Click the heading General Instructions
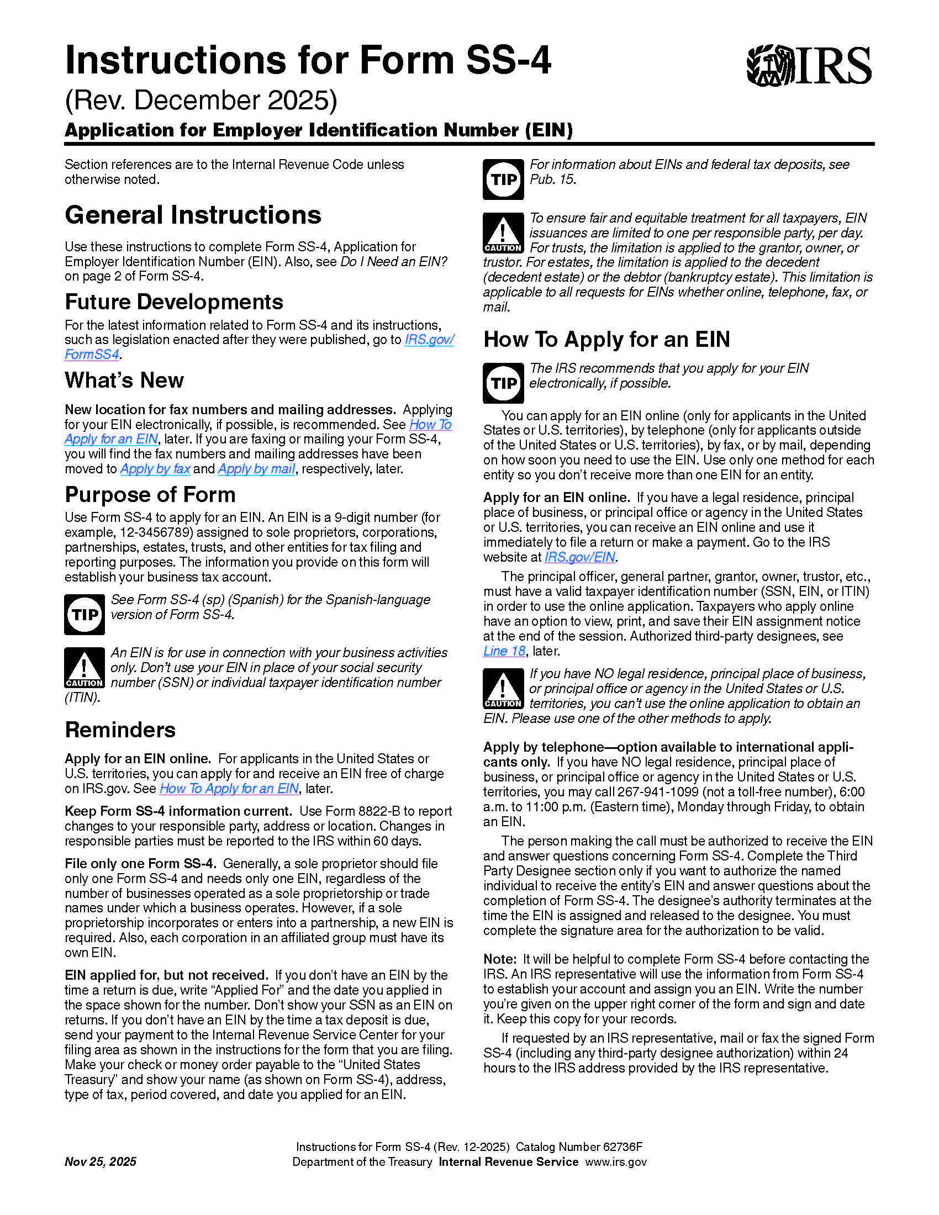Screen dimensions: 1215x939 [192, 215]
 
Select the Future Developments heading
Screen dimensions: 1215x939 [173, 302]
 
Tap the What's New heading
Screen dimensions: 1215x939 [124, 381]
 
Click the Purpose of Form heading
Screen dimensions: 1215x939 [150, 495]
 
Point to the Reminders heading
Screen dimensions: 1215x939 [120, 730]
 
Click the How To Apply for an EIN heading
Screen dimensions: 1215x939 [606, 339]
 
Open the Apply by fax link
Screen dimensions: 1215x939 [155, 469]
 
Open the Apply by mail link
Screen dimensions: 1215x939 [256, 469]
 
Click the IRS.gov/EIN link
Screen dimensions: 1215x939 [579, 557]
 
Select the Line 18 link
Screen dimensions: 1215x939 [504, 651]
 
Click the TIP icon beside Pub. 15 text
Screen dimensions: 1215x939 [503, 179]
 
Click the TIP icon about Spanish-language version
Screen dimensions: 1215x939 [84, 614]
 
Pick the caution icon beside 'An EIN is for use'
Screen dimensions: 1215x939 [84, 668]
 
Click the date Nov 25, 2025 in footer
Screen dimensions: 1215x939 [100, 1161]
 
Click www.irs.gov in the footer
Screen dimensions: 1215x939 [616, 1161]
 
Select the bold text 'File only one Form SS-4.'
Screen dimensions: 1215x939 [140, 863]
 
